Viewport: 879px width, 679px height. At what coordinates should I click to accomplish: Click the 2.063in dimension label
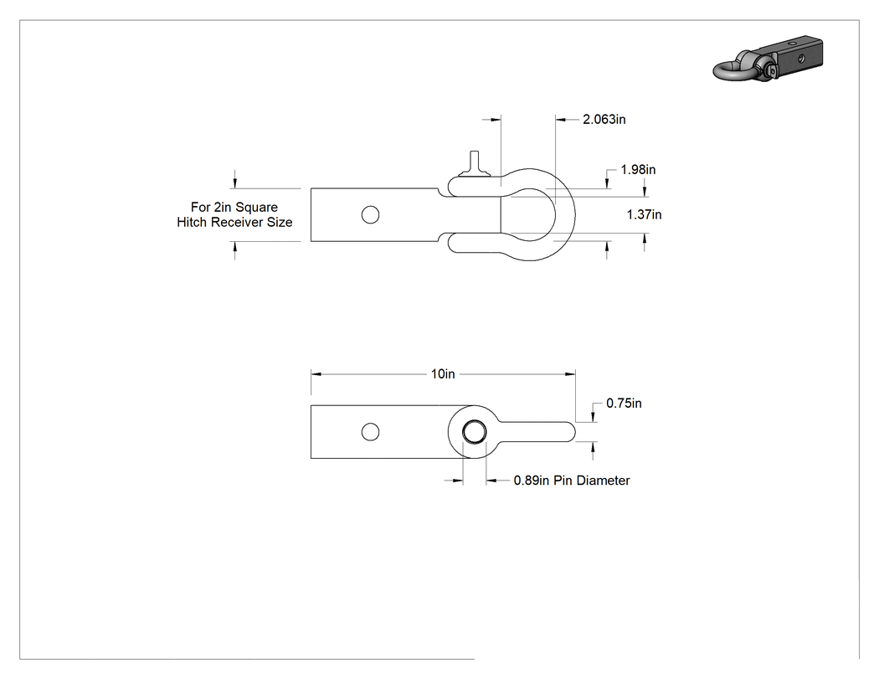click(x=604, y=119)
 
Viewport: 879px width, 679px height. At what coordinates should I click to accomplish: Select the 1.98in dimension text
click(x=638, y=169)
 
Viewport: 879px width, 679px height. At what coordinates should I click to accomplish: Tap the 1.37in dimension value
click(x=644, y=214)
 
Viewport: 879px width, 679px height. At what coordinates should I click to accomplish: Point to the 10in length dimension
click(x=443, y=374)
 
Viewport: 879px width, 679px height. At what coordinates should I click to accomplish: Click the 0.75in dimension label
click(x=624, y=404)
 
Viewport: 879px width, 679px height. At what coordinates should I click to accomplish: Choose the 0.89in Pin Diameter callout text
click(x=572, y=481)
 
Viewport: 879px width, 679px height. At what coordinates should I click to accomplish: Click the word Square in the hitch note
click(x=256, y=208)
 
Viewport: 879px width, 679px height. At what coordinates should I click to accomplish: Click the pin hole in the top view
click(x=371, y=214)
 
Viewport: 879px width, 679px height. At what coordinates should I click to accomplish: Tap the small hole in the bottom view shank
click(x=371, y=432)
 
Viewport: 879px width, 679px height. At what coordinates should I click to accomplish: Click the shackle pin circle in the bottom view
click(x=475, y=432)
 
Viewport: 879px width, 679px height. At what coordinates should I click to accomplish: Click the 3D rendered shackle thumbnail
click(x=768, y=59)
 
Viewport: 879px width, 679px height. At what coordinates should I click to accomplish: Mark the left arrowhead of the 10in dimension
click(x=316, y=374)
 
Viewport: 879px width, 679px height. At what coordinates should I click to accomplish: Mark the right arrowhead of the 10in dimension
click(x=571, y=374)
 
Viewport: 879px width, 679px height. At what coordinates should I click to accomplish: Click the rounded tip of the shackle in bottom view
click(x=570, y=432)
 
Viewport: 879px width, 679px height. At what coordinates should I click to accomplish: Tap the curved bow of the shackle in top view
click(x=565, y=214)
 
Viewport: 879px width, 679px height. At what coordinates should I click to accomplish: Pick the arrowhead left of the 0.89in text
click(x=457, y=481)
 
